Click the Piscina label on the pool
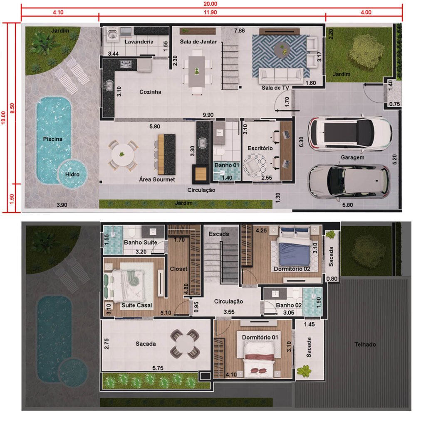(x=53, y=139)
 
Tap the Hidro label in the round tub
(x=72, y=174)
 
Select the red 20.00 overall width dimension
(x=210, y=4)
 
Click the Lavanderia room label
(x=139, y=42)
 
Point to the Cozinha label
(x=150, y=92)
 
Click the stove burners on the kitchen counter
(x=126, y=64)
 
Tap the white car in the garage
(x=350, y=133)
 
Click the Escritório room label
(x=260, y=148)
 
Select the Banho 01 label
(x=227, y=165)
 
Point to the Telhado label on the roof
(x=365, y=345)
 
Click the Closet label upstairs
(x=178, y=269)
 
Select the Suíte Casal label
(x=136, y=306)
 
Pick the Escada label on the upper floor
(x=219, y=234)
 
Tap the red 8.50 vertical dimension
(x=12, y=109)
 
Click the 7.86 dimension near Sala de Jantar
(x=239, y=31)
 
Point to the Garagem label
(x=353, y=157)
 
